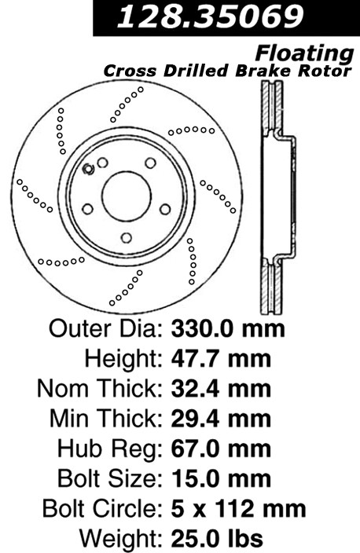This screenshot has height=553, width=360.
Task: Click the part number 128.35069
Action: [211, 16]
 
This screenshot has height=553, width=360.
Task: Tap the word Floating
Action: [304, 53]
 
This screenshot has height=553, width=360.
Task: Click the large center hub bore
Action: [127, 196]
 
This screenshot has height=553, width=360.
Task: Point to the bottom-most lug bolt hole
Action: [127, 237]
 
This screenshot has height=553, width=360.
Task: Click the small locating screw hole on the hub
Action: [88, 170]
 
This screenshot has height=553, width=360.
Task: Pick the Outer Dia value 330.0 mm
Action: [228, 328]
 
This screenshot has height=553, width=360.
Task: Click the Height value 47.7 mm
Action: [222, 359]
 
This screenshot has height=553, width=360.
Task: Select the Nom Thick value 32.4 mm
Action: [222, 389]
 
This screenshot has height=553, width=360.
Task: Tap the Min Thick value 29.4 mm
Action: [222, 419]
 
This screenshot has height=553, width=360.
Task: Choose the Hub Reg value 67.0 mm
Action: [222, 449]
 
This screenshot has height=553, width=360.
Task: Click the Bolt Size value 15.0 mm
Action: [222, 479]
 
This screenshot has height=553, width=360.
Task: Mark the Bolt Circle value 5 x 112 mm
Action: [239, 509]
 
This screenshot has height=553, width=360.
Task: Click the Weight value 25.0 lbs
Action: [217, 539]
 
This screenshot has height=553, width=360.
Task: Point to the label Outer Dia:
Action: [106, 328]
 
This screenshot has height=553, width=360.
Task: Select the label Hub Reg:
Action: [110, 449]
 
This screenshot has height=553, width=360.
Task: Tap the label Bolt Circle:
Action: [103, 509]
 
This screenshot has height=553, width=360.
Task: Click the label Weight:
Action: [121, 540]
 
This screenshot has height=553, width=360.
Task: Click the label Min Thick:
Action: [106, 419]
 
